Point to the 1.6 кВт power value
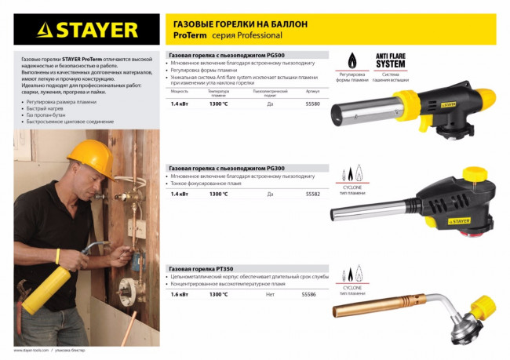(180, 294)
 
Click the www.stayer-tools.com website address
(31, 350)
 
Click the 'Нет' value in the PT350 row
(270, 294)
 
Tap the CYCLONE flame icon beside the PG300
(350, 175)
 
